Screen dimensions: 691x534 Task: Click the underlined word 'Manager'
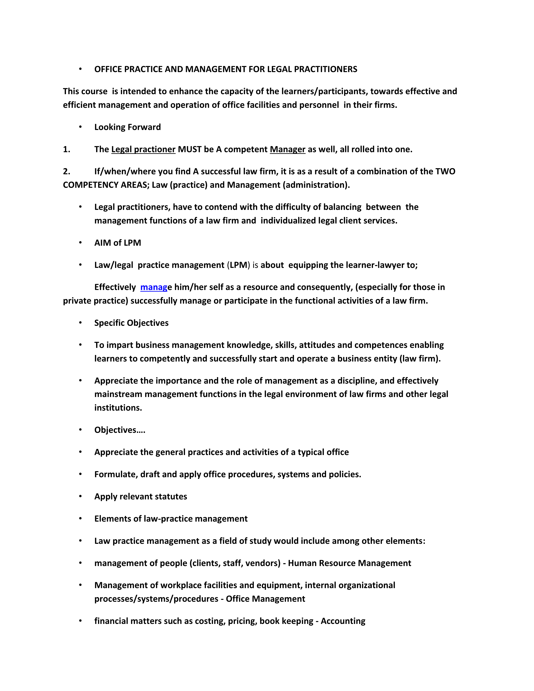(x=287, y=149)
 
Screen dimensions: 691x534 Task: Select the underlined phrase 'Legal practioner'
(x=143, y=149)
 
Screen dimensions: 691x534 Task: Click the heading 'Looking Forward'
(x=128, y=127)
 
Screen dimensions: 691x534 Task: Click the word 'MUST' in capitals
(x=190, y=149)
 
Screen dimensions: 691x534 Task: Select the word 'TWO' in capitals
(x=445, y=171)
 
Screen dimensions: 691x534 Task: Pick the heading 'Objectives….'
(x=120, y=430)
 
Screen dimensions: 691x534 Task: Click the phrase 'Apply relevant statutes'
(x=141, y=496)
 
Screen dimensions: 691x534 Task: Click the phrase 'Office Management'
(x=265, y=599)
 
